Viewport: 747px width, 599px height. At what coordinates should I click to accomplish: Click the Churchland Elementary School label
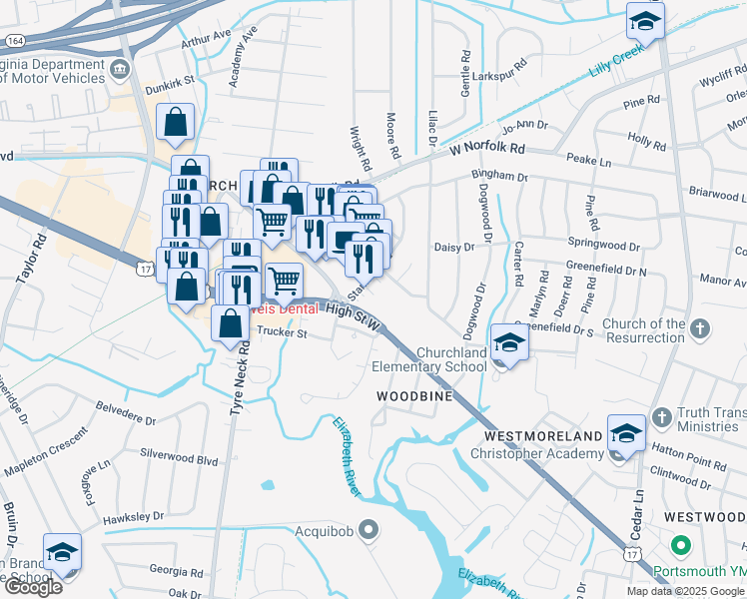[429, 359]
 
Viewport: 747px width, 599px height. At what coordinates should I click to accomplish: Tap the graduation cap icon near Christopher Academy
[626, 434]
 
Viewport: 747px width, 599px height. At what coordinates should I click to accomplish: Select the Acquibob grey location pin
[370, 529]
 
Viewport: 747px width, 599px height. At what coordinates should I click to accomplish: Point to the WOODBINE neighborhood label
[415, 396]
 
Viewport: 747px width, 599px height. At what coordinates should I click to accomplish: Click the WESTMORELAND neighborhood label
[543, 436]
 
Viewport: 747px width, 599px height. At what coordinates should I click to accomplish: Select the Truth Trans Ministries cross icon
[659, 415]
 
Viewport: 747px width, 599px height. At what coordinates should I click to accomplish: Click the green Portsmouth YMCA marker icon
[681, 547]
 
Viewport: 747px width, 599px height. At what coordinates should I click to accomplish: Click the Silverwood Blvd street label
[179, 460]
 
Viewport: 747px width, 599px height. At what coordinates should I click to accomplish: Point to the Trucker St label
[280, 334]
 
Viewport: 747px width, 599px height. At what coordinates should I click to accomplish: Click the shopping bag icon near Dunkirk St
[176, 124]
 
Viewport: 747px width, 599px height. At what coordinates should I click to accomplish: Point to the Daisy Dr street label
[452, 246]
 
